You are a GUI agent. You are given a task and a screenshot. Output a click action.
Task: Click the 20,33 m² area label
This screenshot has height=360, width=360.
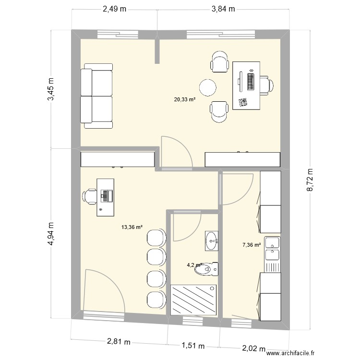(185, 100)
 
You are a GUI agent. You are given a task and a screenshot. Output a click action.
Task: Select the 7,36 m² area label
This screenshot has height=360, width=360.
(252, 245)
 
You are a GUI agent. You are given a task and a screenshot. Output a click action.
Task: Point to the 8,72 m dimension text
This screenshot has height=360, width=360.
(310, 180)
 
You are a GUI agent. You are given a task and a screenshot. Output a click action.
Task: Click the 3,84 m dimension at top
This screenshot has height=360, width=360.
(224, 9)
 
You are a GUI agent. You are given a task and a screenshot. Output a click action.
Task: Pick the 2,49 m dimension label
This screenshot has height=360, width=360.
(114, 9)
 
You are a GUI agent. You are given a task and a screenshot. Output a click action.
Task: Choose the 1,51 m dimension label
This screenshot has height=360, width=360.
(193, 346)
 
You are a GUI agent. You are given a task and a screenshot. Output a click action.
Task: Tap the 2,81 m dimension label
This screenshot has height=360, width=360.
(118, 342)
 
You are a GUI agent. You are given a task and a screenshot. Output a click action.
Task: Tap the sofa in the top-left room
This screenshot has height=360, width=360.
(97, 98)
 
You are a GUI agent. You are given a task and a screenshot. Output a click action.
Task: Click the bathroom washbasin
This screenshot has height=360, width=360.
(211, 241)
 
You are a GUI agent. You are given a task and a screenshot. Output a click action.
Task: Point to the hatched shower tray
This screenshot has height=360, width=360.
(193, 299)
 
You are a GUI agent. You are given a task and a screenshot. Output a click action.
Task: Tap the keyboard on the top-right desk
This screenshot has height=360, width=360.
(251, 80)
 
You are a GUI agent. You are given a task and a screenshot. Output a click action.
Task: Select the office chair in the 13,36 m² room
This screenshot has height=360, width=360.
(90, 196)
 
